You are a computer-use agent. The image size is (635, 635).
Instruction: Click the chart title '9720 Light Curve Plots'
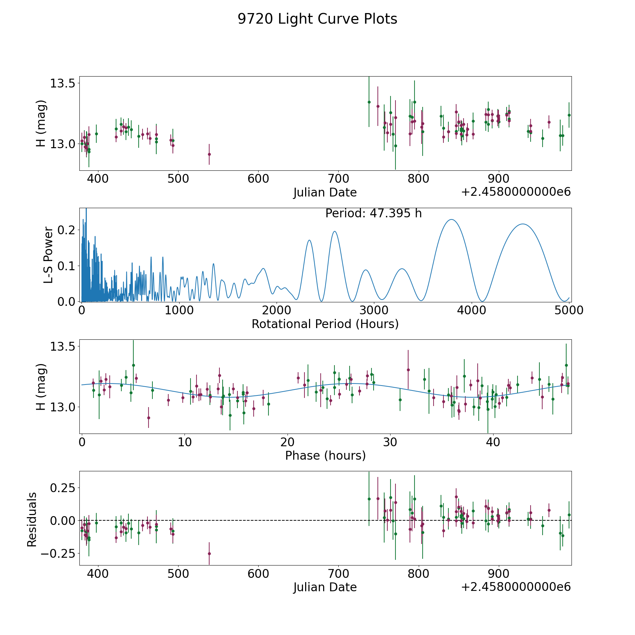point(317,19)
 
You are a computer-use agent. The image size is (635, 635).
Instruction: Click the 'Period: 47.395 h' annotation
point(373,213)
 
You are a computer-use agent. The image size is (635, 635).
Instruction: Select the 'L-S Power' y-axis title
point(48,255)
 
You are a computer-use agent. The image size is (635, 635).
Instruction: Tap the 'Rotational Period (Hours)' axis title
point(325,324)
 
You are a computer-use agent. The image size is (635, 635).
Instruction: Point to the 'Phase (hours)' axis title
point(325,455)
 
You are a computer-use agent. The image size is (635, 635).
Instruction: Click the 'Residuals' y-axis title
point(32,519)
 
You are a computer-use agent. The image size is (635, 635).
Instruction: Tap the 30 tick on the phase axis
point(390,442)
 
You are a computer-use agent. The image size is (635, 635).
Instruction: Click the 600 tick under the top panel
point(258,179)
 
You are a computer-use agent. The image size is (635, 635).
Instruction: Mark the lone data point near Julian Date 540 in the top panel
point(209,154)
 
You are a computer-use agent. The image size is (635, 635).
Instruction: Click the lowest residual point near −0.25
point(209,554)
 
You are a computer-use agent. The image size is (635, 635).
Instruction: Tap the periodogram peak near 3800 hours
point(451,220)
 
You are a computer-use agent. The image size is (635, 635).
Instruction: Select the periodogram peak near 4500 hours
point(522,224)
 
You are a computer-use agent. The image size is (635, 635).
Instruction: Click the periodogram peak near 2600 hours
point(334,231)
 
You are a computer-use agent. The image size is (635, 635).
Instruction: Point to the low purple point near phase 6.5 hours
point(149,418)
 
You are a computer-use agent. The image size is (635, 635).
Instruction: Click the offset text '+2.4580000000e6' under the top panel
point(516,192)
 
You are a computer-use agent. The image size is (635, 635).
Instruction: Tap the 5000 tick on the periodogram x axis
point(569,310)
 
